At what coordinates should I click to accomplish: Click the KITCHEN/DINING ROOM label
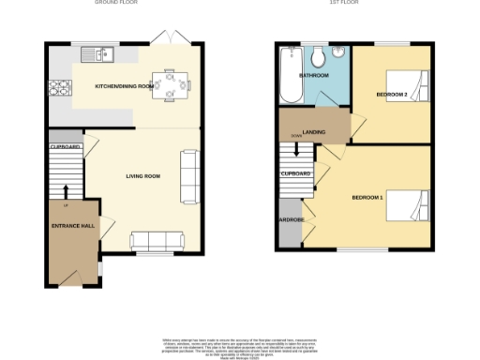pos(125,86)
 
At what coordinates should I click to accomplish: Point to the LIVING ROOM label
pos(144,175)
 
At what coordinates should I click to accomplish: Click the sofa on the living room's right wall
pos(189,176)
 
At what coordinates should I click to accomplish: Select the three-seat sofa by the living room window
pos(157,240)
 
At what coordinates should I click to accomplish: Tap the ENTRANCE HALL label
pos(71,227)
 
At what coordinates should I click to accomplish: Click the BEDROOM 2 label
pos(392,95)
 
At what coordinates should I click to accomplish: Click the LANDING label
pos(314,132)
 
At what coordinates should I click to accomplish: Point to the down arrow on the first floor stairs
pos(296,150)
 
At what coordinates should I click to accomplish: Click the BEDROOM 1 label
pos(367,198)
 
